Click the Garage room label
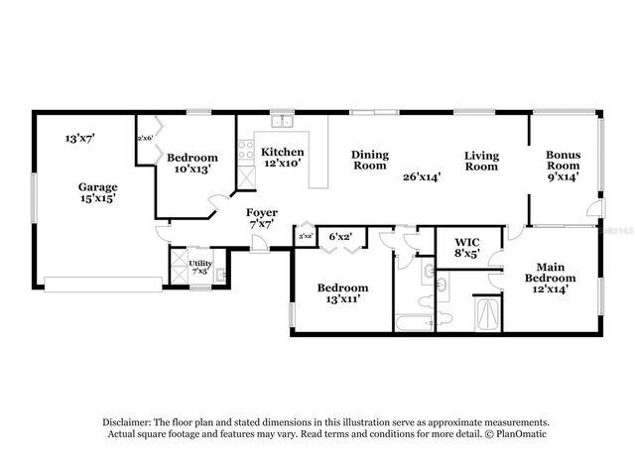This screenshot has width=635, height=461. (98, 186)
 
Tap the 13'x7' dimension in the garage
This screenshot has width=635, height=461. (79, 138)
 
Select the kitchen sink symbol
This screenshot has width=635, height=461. (282, 122)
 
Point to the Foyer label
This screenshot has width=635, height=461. (262, 212)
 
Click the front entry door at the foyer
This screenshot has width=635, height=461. (258, 244)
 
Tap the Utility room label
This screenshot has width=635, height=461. (199, 263)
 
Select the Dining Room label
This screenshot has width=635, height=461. (369, 161)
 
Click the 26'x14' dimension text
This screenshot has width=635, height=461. (421, 176)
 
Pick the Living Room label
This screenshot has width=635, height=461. (481, 162)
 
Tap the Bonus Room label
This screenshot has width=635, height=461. (564, 162)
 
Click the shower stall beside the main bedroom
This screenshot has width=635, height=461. (486, 314)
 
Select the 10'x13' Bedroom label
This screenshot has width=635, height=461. (191, 164)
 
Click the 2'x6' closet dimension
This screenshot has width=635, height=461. (145, 138)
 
